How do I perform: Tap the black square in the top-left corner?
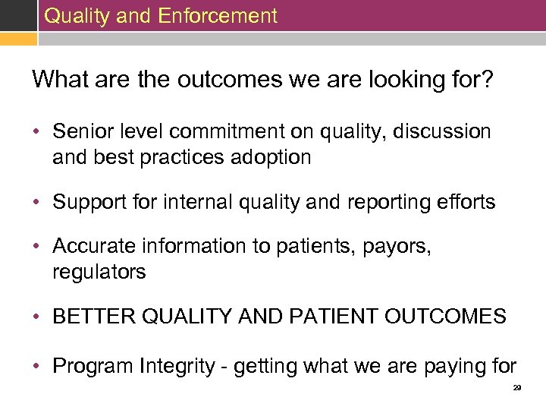(x=17, y=15)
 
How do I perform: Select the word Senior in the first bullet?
(x=80, y=131)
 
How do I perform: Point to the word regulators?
(x=99, y=272)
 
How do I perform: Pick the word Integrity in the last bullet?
(x=177, y=366)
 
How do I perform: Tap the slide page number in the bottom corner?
(x=516, y=387)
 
